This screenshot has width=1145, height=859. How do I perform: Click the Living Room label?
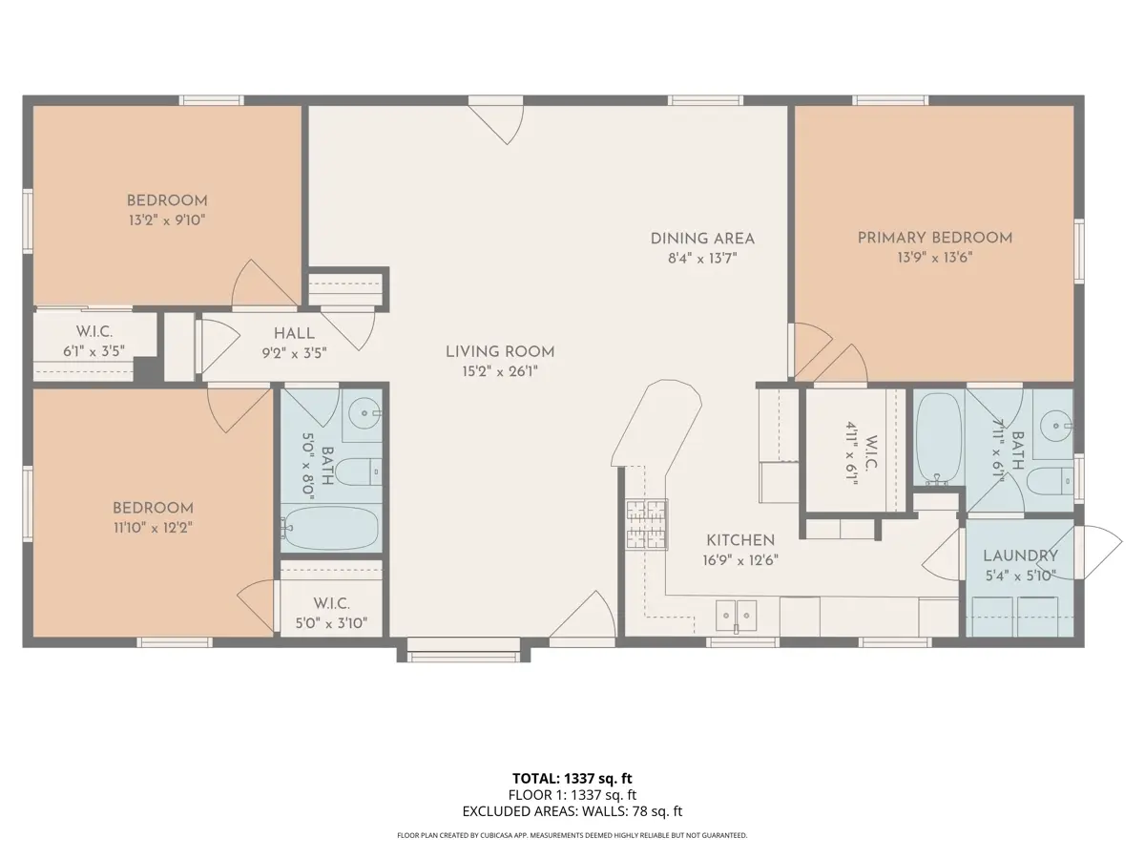coord(500,352)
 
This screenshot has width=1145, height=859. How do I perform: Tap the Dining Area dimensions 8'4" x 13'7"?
coord(702,258)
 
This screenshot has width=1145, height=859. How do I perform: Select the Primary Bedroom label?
coord(935,239)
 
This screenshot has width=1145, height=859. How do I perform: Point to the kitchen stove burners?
coord(647,525)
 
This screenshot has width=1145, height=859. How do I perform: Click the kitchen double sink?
coord(736,616)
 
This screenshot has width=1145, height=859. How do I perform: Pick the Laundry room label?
coord(1020,556)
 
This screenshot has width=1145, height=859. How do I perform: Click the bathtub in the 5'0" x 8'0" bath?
coord(330,529)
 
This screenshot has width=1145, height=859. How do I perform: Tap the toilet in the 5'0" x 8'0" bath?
coord(358,472)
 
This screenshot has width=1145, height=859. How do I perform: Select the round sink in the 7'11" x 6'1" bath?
coord(1055,426)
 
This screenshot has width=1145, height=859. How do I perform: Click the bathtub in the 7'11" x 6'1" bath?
coord(939,439)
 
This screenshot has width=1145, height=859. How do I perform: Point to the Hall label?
coord(294,334)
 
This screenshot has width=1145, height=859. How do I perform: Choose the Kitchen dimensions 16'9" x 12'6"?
coord(740,560)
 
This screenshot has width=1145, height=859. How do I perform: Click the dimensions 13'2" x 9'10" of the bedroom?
coord(167,220)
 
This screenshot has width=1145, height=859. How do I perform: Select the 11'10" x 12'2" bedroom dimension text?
coord(153,528)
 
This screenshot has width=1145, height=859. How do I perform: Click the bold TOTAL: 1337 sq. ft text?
coord(572,779)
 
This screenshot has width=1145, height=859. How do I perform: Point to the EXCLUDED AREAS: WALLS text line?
coord(572,811)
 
